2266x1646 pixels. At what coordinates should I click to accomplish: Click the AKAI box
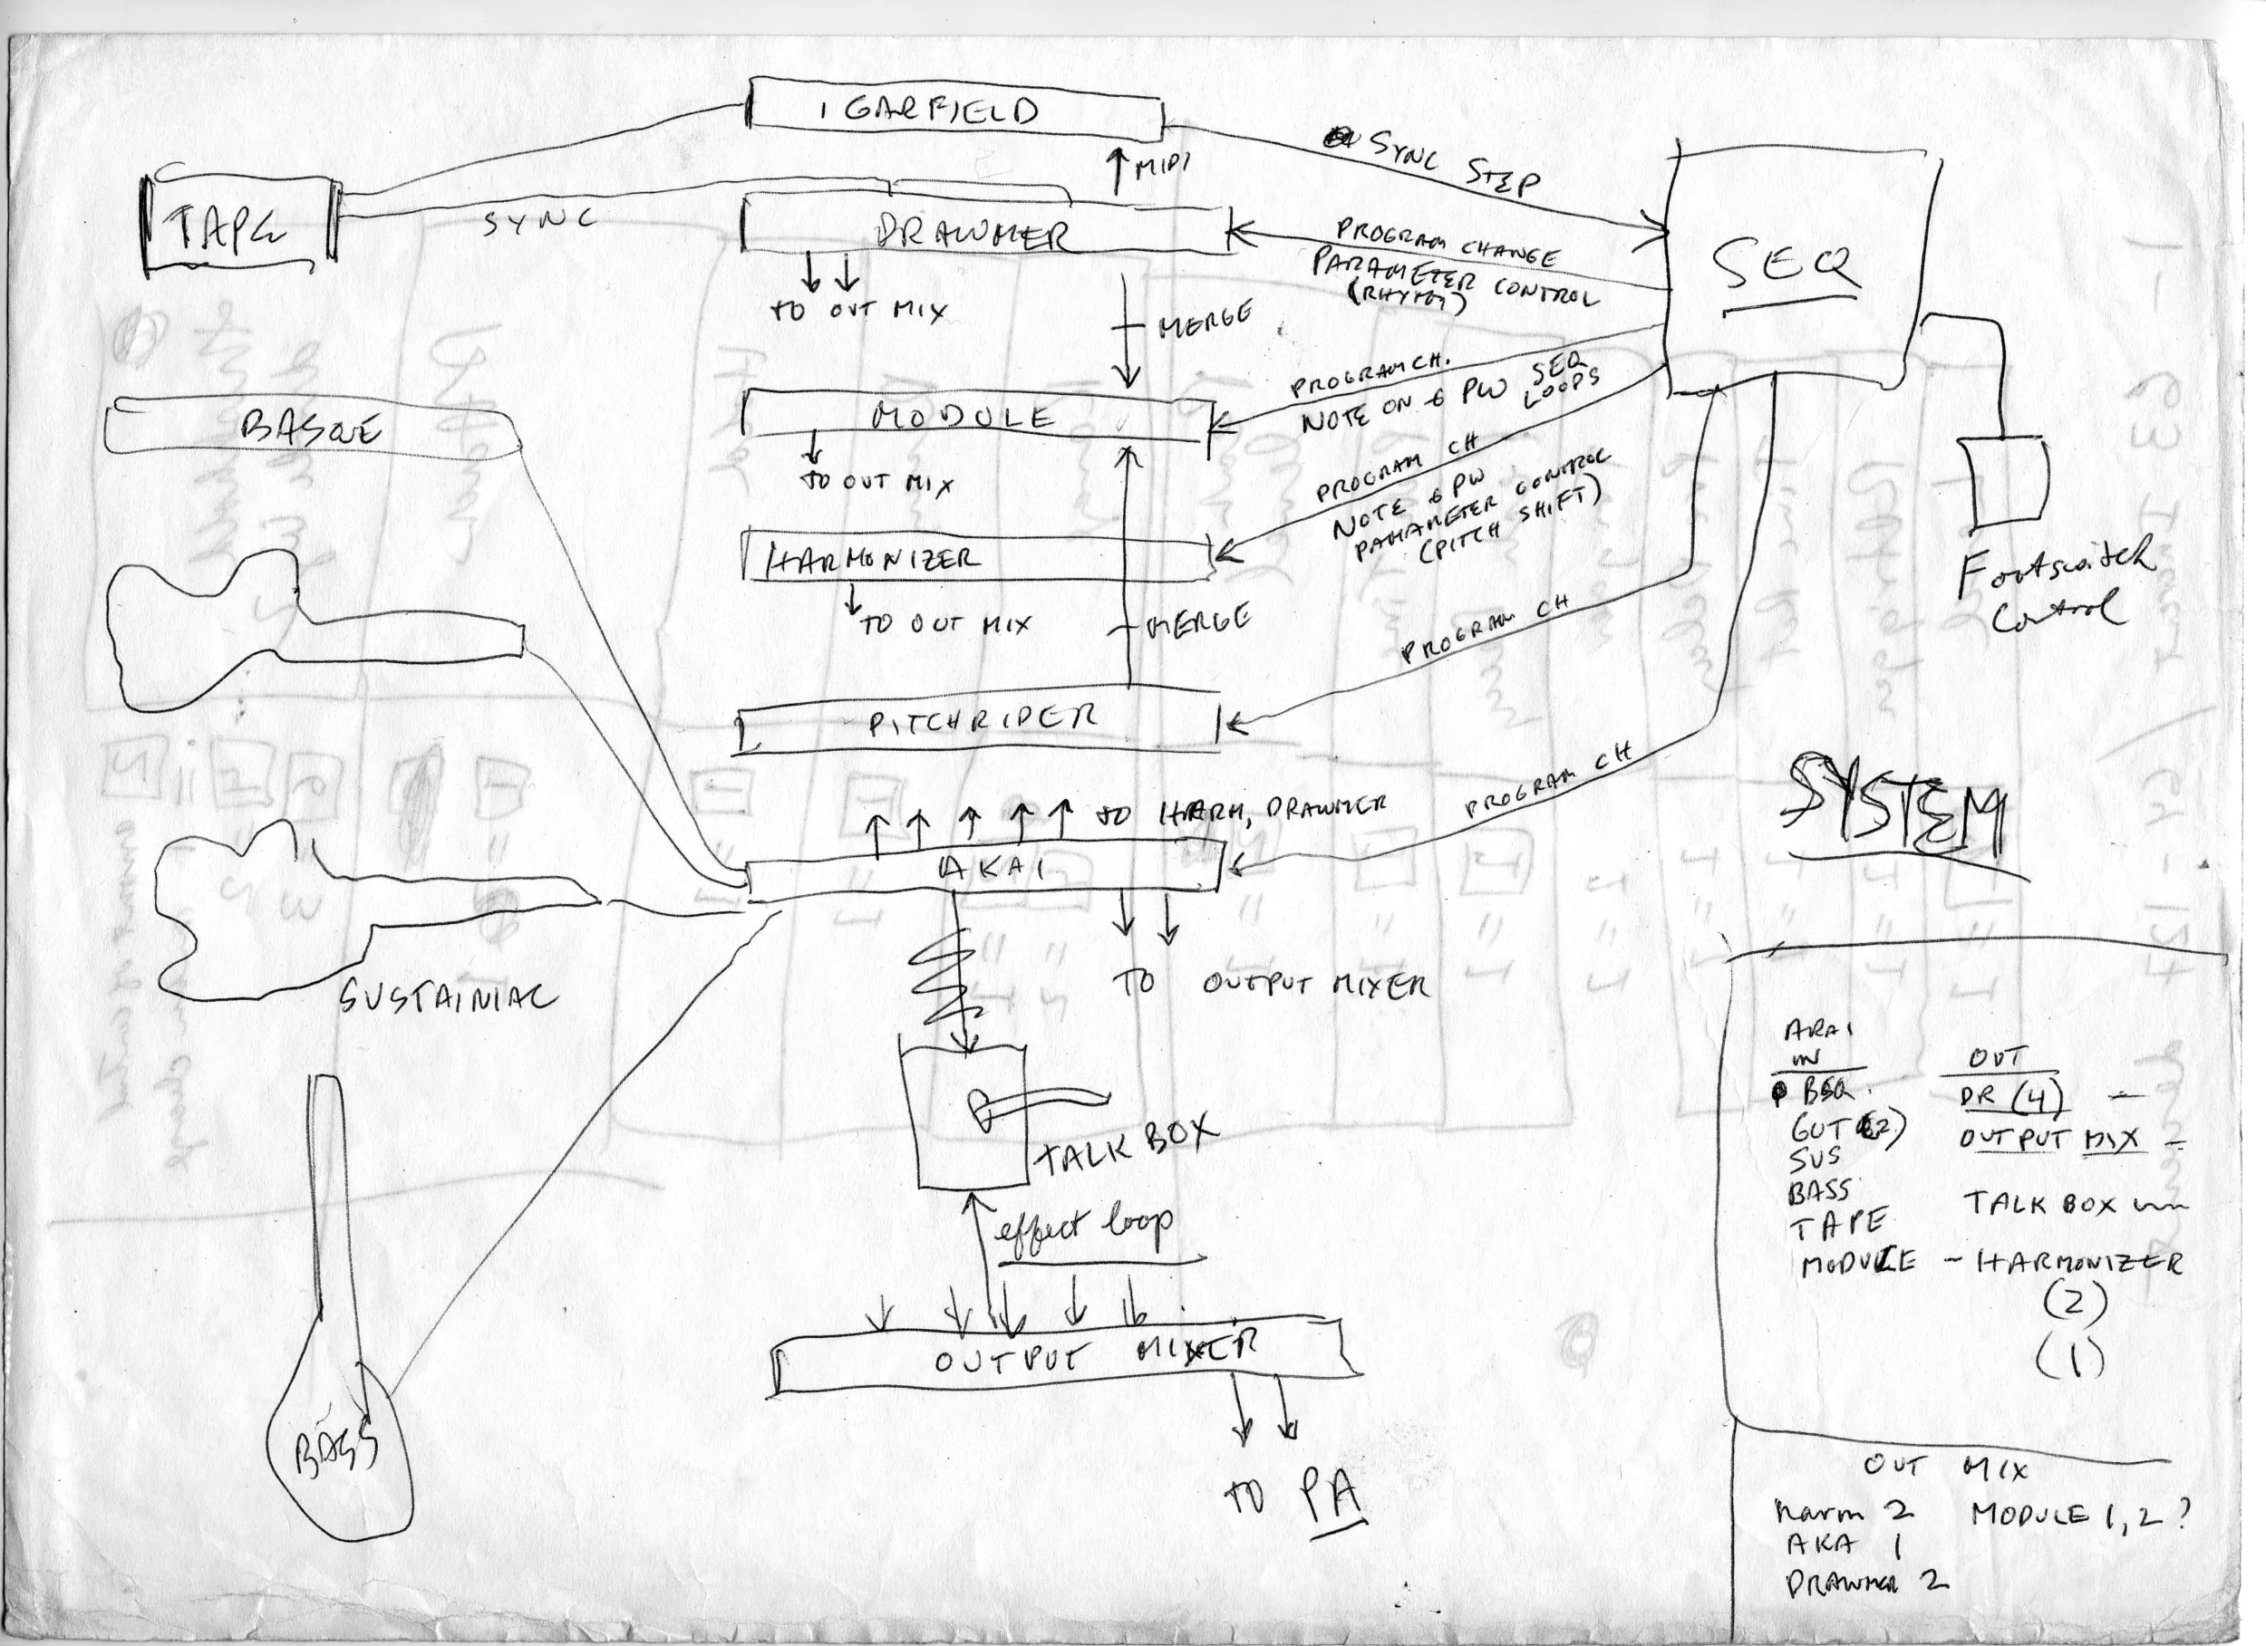point(984,867)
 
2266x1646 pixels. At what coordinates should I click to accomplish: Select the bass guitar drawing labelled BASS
point(340,1439)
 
